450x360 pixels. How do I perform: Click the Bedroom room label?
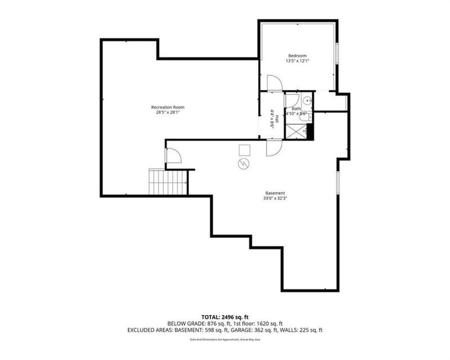(x=297, y=56)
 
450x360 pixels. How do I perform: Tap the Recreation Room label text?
(x=167, y=107)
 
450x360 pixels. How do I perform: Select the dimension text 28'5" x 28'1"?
(x=167, y=112)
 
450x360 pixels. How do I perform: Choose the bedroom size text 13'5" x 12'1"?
(x=297, y=61)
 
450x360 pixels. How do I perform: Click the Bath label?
(x=296, y=108)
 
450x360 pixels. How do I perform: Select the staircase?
(x=168, y=182)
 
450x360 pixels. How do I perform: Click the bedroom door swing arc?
(x=273, y=83)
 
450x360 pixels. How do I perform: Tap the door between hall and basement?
(x=273, y=148)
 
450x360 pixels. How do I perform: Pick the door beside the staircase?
(x=173, y=155)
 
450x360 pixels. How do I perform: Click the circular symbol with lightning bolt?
(x=244, y=164)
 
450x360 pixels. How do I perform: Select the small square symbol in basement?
(x=244, y=150)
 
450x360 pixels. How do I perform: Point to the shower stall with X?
(x=296, y=130)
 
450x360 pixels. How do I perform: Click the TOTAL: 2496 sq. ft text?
(x=225, y=317)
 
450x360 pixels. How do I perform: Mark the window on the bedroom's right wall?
(x=336, y=58)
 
